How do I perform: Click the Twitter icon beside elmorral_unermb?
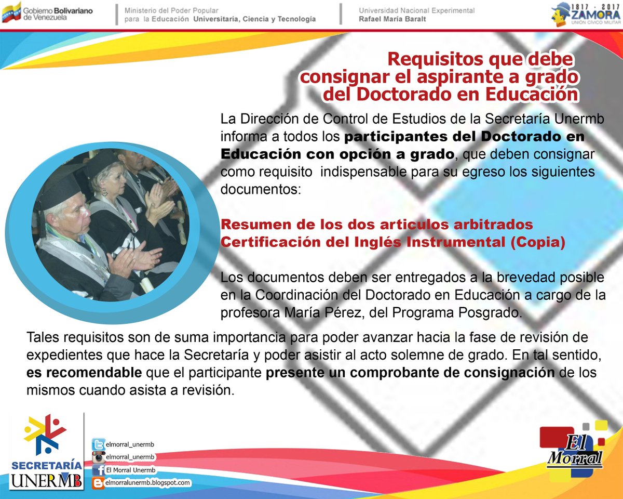tap(98, 445)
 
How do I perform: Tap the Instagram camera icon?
tap(98, 457)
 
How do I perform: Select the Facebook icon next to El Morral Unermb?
tap(98, 470)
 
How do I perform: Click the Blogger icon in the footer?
tap(98, 483)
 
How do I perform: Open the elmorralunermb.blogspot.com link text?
tap(147, 483)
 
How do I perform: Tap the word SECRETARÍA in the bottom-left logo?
tap(46, 464)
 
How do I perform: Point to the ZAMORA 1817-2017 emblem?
tap(586, 14)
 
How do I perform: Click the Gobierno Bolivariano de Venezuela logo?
tap(47, 12)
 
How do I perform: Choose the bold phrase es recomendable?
tap(84, 373)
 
